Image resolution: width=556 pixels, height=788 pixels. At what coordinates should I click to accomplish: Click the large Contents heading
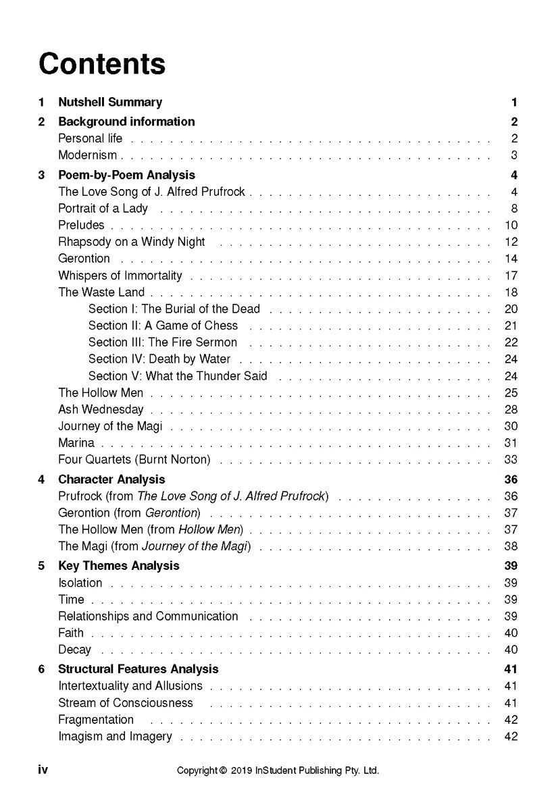coord(102,64)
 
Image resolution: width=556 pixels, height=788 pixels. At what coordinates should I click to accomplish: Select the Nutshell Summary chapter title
coord(110,103)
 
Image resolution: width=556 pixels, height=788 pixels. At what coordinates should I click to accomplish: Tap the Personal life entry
coord(91,138)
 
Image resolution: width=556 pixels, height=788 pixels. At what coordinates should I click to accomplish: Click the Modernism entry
coord(87,155)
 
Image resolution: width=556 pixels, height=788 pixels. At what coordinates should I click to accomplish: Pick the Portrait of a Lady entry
coord(103,209)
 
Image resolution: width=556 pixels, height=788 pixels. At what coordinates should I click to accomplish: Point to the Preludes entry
coord(81,226)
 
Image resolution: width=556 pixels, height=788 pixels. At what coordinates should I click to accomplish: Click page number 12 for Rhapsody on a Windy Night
coord(511,242)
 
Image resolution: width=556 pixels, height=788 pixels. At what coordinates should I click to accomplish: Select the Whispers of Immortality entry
coord(120,275)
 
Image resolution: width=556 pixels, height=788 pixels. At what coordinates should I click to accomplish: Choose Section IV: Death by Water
coord(159,359)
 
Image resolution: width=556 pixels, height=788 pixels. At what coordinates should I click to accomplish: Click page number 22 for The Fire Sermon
coord(511,342)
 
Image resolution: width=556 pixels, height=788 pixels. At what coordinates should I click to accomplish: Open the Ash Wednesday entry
coord(101,409)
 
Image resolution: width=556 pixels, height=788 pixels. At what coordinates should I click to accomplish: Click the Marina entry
coord(76,443)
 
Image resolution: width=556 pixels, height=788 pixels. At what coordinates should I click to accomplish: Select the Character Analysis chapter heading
coord(111,479)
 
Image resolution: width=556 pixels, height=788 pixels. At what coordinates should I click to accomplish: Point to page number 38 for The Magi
coord(511,546)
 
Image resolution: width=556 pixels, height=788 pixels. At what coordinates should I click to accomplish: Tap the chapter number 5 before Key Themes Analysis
coord(42,566)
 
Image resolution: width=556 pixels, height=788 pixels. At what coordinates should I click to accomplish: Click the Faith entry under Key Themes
coord(71,633)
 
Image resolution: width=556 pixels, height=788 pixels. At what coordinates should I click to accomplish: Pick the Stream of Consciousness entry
coord(126,703)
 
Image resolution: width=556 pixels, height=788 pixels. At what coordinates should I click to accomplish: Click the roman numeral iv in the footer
coord(43,770)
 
